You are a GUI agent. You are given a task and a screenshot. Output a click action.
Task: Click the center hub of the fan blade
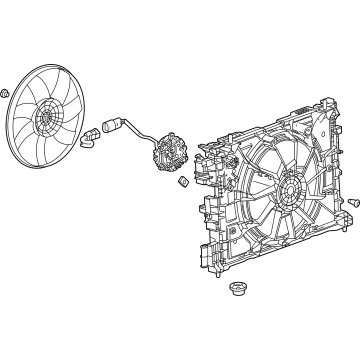coord(47,120)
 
